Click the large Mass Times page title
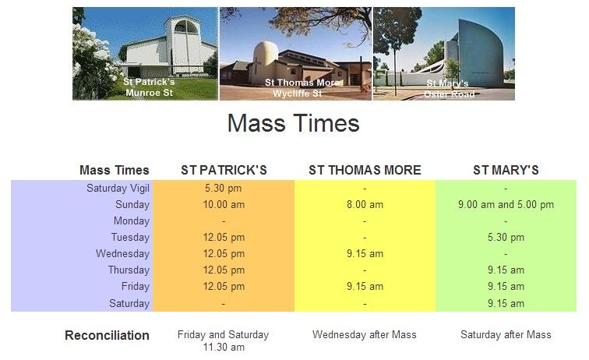tap(294, 123)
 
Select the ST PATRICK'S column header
tap(224, 170)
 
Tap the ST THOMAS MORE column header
tap(365, 170)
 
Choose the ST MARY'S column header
tap(506, 170)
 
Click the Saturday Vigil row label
tap(118, 189)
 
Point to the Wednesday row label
tap(122, 254)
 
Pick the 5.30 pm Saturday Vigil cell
tap(224, 188)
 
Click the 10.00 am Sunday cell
tap(224, 204)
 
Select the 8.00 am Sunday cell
tap(365, 204)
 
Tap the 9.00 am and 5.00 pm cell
tap(506, 204)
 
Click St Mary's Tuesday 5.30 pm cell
tap(506, 237)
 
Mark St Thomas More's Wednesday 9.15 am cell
tap(365, 254)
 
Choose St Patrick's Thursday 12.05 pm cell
tap(224, 270)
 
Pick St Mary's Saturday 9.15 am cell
tap(506, 303)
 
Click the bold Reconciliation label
tap(107, 335)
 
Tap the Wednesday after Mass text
tap(365, 334)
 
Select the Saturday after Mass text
tap(506, 334)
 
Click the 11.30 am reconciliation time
tap(224, 348)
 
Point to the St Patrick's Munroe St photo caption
tap(149, 87)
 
